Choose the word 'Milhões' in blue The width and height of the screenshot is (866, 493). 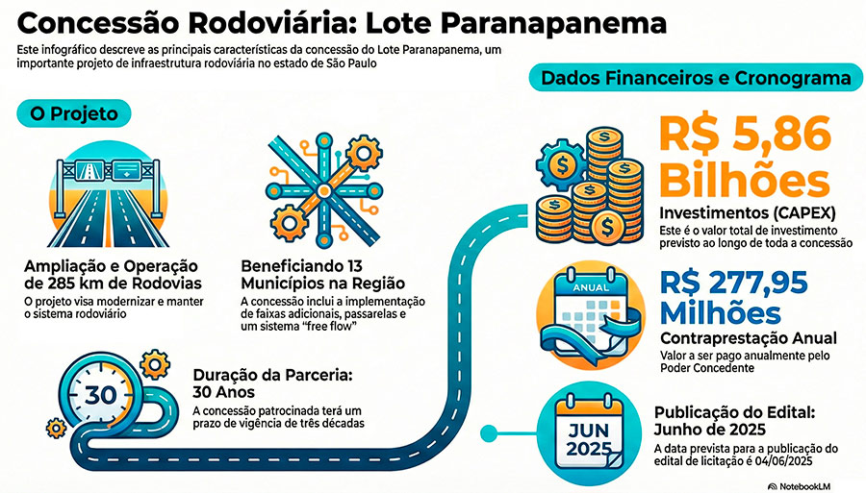[722, 313]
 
